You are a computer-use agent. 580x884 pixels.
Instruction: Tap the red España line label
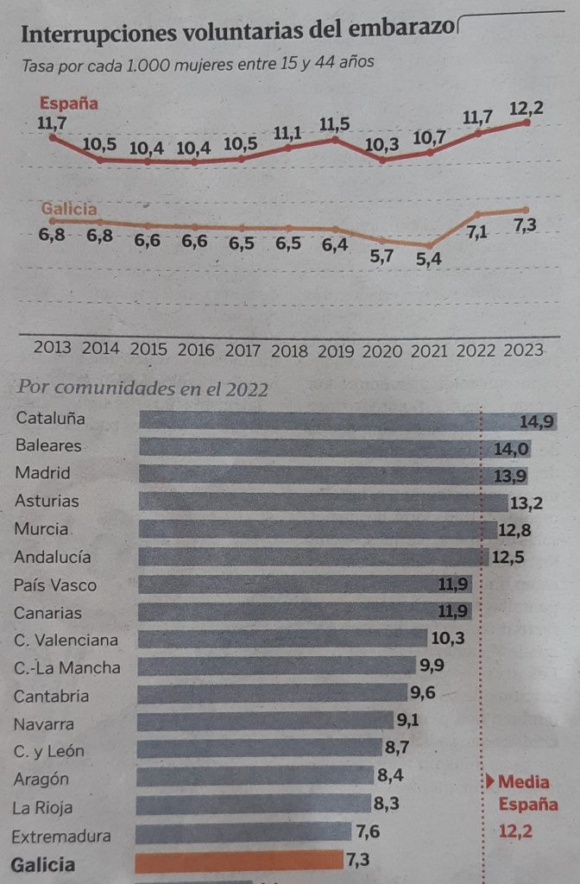click(x=69, y=104)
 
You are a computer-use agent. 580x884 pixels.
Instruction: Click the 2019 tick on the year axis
click(x=335, y=350)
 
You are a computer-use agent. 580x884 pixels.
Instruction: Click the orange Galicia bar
click(x=239, y=861)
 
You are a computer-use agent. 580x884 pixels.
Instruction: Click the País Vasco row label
click(x=55, y=585)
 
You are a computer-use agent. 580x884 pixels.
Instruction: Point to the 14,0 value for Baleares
click(x=512, y=448)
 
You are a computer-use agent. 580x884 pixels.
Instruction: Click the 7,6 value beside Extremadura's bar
click(x=367, y=833)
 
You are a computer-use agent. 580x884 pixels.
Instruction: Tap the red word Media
click(x=523, y=782)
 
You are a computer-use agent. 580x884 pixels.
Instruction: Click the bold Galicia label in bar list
click(x=43, y=864)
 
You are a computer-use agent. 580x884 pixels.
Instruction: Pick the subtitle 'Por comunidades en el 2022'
click(x=142, y=388)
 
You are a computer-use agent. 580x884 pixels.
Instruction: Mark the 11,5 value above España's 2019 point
click(x=334, y=124)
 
